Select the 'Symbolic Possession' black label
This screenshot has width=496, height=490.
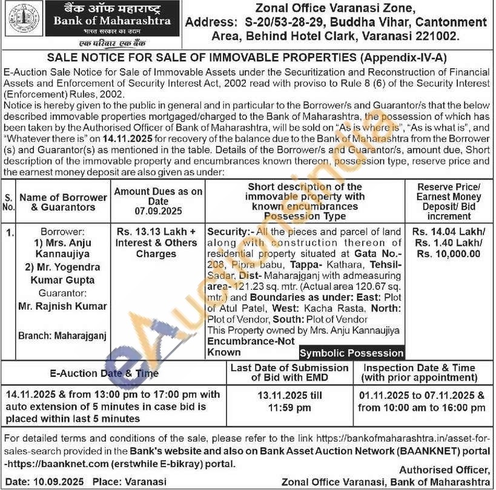click(x=351, y=353)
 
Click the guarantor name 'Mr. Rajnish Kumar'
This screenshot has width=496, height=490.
click(x=62, y=306)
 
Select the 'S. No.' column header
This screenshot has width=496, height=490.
click(x=8, y=203)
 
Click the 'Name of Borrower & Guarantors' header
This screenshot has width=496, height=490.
click(x=62, y=203)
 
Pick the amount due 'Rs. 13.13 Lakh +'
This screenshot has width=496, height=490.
click(x=156, y=232)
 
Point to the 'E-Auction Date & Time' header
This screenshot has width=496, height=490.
click(x=104, y=373)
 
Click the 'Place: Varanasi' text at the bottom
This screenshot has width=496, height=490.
click(x=128, y=482)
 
